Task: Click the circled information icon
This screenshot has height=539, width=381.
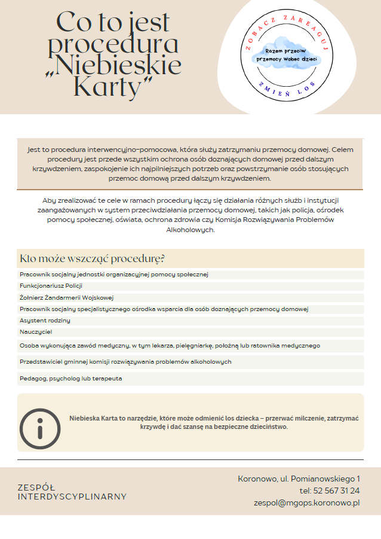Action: (40, 428)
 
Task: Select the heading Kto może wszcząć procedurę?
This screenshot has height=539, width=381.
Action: (93, 258)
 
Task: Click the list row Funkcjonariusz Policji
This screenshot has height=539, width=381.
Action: (51, 286)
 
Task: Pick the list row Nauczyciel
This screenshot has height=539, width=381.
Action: (36, 331)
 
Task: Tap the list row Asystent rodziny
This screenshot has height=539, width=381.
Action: (45, 320)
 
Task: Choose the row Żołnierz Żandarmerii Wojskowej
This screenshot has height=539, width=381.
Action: (66, 297)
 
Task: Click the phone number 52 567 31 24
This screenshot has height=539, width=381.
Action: (337, 491)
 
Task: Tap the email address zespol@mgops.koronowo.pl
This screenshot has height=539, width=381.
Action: (306, 503)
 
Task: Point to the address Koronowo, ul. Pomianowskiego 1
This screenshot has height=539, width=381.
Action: (299, 479)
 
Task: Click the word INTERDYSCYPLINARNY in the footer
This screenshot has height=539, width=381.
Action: (72, 497)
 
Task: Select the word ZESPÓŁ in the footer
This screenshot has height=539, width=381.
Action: (36, 488)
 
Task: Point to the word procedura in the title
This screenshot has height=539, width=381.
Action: (113, 45)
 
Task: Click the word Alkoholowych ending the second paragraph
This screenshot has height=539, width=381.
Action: (190, 230)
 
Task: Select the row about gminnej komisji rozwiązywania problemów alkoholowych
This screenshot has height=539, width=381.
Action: (125, 362)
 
